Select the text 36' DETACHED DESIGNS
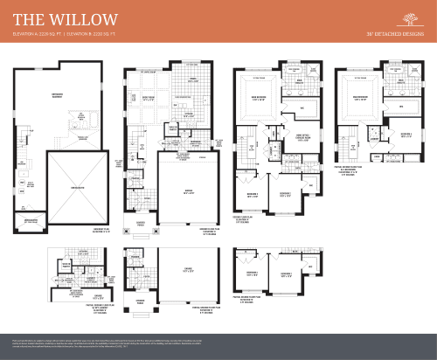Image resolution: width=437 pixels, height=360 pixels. (x=395, y=34)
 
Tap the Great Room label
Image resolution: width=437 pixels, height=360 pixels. (x=148, y=98)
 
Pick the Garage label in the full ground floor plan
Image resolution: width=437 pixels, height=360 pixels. (x=187, y=191)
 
